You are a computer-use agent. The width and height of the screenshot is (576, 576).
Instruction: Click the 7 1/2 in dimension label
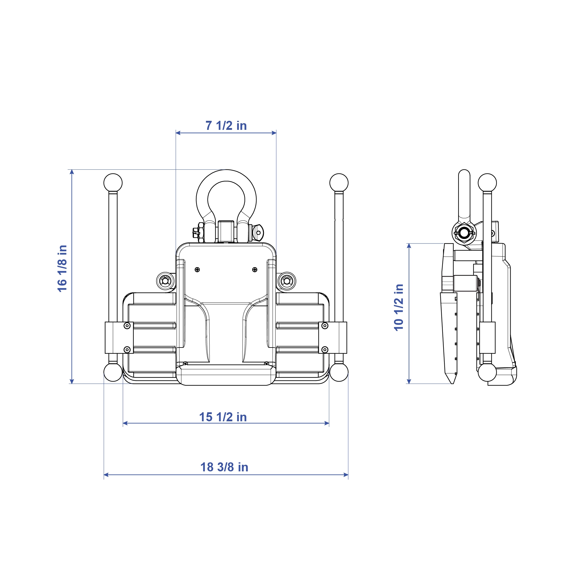(226, 126)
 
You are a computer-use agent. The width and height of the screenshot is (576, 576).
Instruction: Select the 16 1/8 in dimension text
(62, 268)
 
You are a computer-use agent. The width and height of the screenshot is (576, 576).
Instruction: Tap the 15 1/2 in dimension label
(223, 417)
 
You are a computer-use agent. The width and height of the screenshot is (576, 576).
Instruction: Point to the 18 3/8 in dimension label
(224, 467)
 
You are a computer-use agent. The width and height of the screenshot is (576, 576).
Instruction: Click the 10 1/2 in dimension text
(399, 307)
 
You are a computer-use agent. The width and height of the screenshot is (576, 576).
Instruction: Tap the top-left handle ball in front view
(113, 183)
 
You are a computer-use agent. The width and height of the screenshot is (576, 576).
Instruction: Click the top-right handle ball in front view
(339, 183)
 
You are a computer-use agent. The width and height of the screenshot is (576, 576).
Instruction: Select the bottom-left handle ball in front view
(113, 372)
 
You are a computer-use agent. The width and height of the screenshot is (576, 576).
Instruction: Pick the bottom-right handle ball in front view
(339, 372)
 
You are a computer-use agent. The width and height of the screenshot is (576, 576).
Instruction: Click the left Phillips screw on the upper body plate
(197, 270)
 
